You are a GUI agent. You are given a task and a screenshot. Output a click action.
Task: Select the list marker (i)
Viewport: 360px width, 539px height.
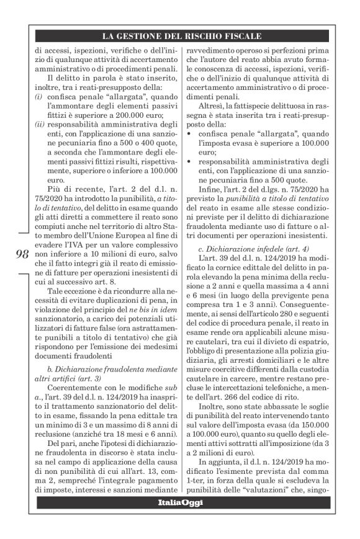[x=38, y=97]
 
